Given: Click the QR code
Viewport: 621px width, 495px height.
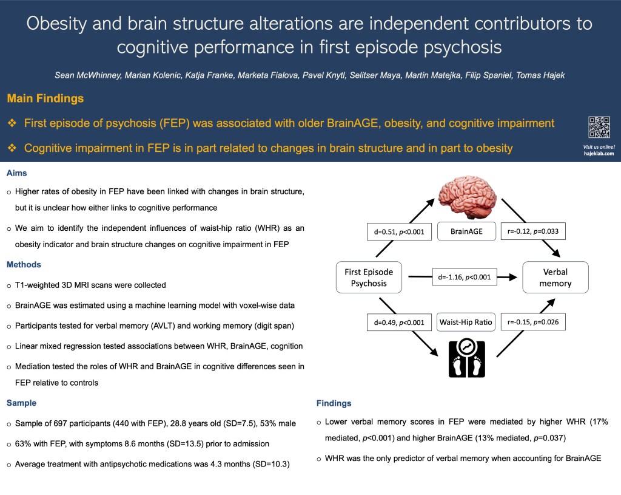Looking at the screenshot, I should click(x=599, y=127).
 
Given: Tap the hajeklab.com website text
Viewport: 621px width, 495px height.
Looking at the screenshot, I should click(x=599, y=154).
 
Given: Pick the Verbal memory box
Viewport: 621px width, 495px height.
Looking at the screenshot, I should click(x=556, y=278).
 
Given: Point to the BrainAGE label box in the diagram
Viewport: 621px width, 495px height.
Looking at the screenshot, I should click(x=467, y=231).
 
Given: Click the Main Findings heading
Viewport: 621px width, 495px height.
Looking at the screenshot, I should click(x=45, y=98).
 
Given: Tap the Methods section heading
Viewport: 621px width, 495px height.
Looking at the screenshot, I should click(x=24, y=265).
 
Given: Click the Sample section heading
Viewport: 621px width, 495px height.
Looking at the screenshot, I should click(x=22, y=403).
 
